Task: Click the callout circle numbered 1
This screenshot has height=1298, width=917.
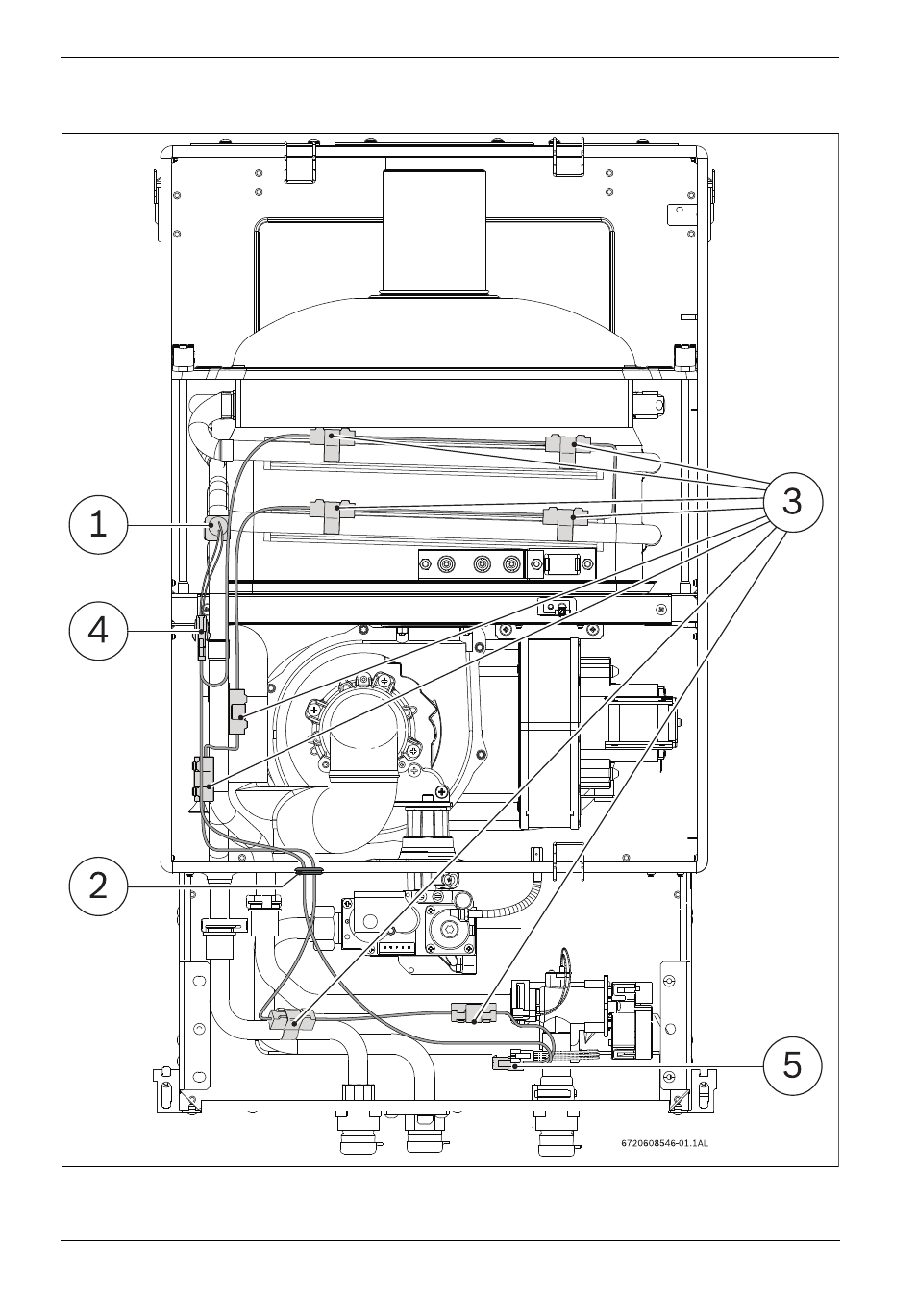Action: (98, 524)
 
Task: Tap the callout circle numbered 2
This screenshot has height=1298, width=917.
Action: (98, 886)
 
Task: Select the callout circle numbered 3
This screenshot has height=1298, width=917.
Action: (792, 501)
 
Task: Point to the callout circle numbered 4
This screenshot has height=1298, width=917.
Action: (98, 631)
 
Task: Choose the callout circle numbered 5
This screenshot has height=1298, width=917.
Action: (792, 1066)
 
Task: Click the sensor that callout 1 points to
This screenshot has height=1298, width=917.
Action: (214, 527)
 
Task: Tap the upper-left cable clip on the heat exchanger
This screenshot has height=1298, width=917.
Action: (332, 442)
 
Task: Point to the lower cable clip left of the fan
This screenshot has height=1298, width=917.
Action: (204, 779)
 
